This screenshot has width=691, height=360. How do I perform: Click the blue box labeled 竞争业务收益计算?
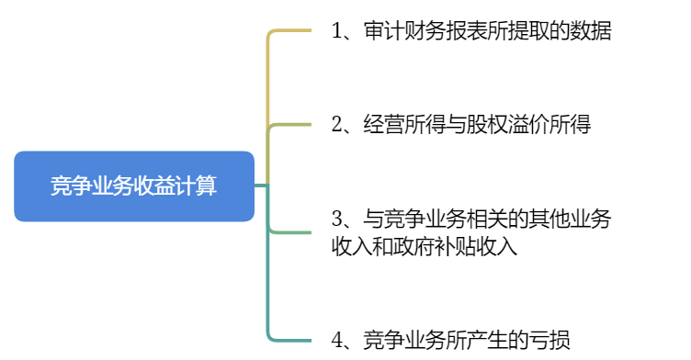point(133,186)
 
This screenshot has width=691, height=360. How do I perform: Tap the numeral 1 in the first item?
point(337,31)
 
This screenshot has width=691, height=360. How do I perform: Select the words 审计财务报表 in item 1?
point(425,31)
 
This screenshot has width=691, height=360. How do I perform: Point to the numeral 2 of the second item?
point(337,124)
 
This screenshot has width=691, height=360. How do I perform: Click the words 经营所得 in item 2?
point(403,124)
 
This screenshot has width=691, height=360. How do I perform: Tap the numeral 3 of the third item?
point(337,219)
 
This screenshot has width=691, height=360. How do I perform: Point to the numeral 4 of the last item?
point(337,339)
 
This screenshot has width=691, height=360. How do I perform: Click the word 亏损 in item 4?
point(549,339)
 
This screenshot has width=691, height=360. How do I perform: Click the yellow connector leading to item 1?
point(268,73)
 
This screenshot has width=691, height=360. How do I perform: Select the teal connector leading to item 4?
point(268,294)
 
